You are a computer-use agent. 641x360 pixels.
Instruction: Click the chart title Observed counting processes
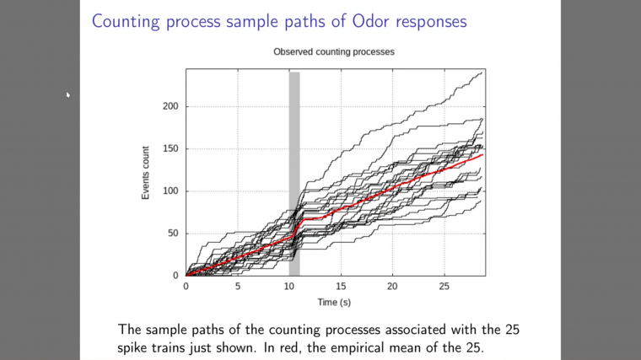click(x=334, y=52)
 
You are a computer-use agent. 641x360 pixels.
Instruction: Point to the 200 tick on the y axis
click(x=170, y=107)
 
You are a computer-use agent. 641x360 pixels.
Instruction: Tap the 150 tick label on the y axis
click(x=170, y=149)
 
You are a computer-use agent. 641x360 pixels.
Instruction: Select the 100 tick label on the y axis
click(x=170, y=191)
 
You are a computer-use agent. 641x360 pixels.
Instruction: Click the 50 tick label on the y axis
click(x=173, y=234)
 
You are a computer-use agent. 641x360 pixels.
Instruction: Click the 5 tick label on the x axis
click(x=237, y=287)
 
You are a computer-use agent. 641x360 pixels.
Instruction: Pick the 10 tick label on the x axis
click(x=289, y=287)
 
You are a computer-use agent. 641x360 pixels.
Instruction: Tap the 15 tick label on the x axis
click(x=341, y=287)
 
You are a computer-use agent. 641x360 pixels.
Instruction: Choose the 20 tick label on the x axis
click(x=392, y=287)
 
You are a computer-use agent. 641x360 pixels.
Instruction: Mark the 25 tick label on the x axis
click(x=444, y=287)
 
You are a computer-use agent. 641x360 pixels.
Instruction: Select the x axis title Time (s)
click(x=334, y=301)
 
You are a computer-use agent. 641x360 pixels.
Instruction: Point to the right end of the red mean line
click(x=482, y=155)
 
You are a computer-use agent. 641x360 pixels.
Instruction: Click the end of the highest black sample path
click(x=483, y=73)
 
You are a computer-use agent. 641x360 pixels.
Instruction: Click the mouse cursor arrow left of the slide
click(x=68, y=94)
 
